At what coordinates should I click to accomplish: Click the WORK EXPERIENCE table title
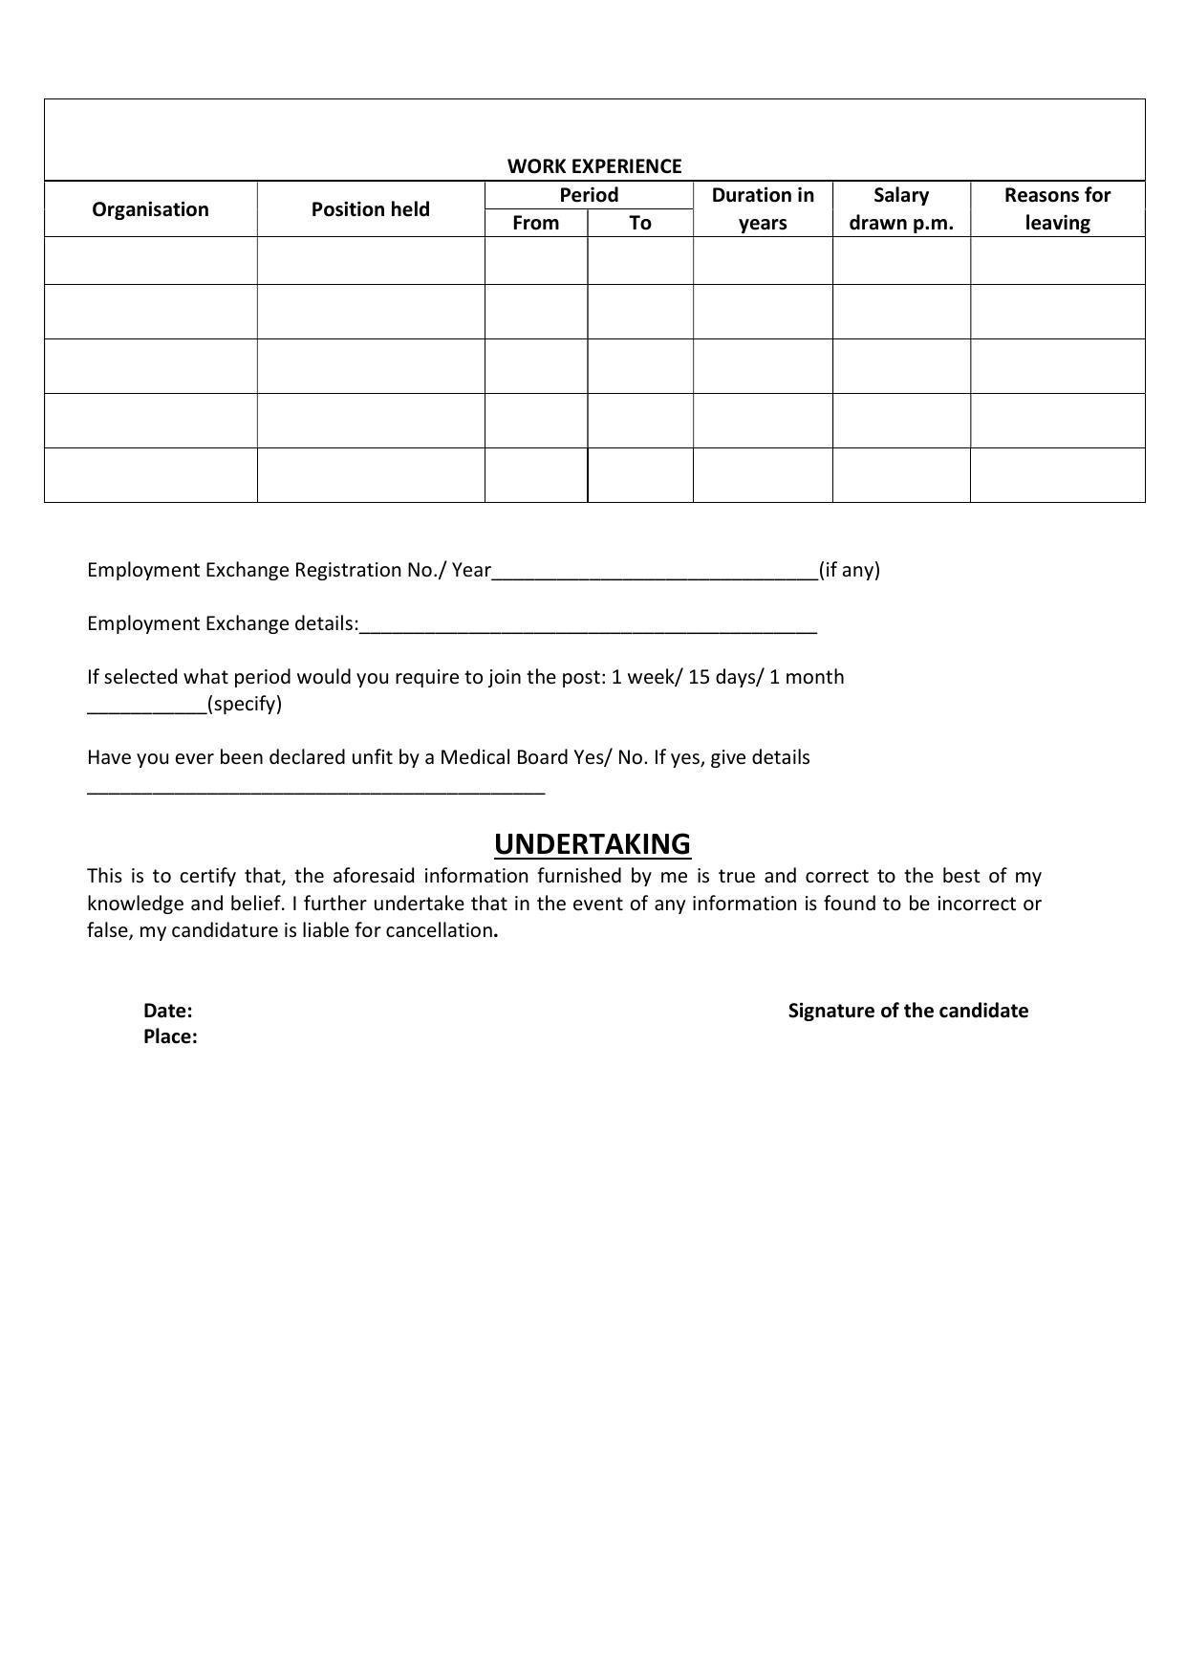click(593, 166)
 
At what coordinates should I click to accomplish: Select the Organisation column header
click(150, 209)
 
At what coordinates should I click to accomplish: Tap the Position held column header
click(370, 209)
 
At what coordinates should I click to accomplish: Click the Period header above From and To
click(589, 195)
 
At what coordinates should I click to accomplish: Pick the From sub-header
click(535, 223)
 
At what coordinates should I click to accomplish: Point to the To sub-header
click(639, 223)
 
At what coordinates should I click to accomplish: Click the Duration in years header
click(763, 208)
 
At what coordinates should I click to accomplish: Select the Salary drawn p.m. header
click(901, 208)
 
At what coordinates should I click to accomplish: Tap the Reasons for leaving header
click(1057, 208)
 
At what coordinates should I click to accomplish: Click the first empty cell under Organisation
click(150, 261)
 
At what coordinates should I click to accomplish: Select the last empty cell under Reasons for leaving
click(1057, 475)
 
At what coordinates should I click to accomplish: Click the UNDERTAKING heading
click(593, 844)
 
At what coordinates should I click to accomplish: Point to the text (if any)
click(849, 570)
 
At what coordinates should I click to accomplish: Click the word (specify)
click(245, 705)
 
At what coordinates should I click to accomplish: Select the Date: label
click(168, 1011)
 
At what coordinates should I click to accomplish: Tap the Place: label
click(170, 1036)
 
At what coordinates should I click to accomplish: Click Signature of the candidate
click(908, 1011)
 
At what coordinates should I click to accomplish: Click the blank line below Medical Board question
click(315, 791)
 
